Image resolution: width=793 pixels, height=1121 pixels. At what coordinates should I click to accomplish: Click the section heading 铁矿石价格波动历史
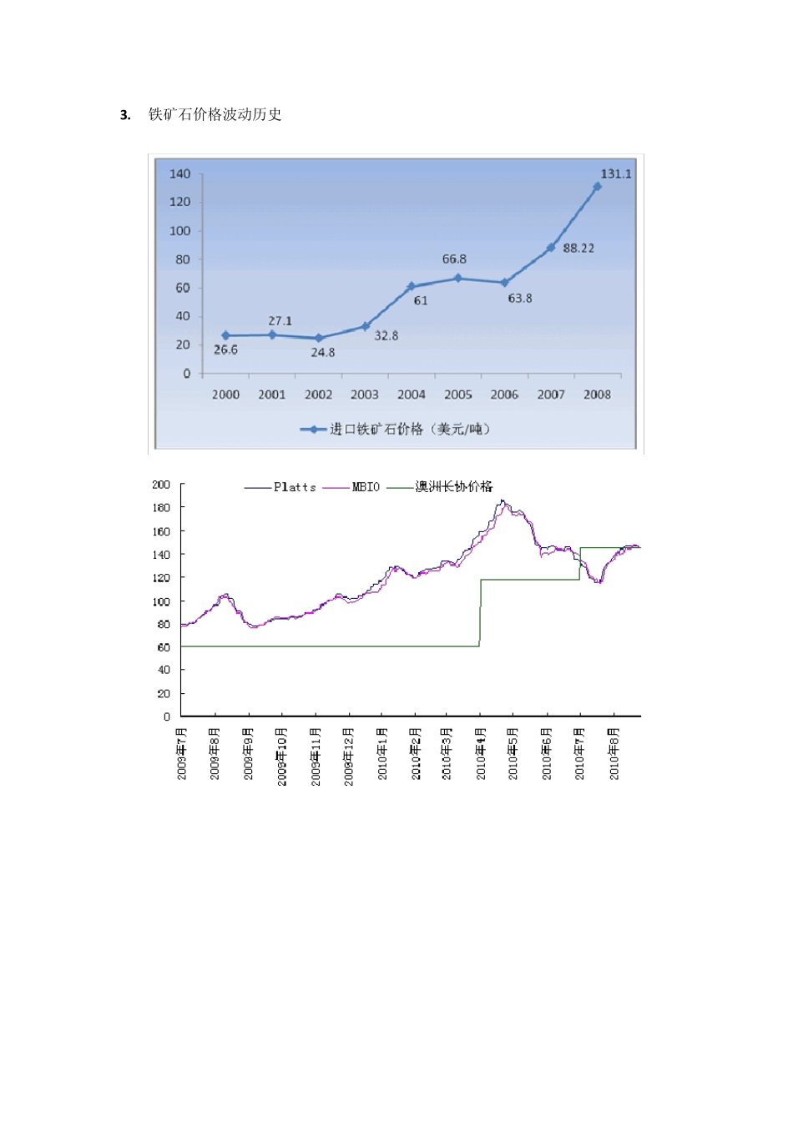(215, 115)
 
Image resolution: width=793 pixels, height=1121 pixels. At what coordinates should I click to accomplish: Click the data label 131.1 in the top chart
(616, 173)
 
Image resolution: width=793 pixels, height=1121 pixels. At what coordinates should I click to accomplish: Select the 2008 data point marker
(597, 186)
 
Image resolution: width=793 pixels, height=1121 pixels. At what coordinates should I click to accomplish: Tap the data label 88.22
(578, 248)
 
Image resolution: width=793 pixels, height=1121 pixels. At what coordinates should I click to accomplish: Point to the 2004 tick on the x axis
(411, 395)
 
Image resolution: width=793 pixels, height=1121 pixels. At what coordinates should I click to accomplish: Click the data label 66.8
(454, 259)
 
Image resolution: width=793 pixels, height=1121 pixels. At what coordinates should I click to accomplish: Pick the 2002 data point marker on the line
(318, 338)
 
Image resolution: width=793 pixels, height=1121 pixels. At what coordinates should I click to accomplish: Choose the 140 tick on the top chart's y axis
(180, 173)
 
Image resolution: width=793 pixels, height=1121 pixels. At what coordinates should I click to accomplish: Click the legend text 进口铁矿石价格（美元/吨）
(409, 429)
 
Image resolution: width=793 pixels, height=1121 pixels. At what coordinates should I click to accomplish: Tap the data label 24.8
(323, 353)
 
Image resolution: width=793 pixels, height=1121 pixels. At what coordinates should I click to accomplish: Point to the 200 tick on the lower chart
(161, 485)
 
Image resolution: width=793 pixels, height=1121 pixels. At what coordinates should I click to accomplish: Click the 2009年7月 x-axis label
(182, 753)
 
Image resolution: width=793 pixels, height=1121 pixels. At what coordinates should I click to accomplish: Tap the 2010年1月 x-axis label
(382, 753)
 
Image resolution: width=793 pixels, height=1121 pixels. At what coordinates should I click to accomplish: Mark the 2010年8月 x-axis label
(614, 753)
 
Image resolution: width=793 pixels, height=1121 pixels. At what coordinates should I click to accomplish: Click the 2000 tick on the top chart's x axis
(225, 395)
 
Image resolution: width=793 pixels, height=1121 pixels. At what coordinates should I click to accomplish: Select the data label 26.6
(225, 349)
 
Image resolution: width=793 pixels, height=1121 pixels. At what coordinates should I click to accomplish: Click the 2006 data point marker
(504, 283)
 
